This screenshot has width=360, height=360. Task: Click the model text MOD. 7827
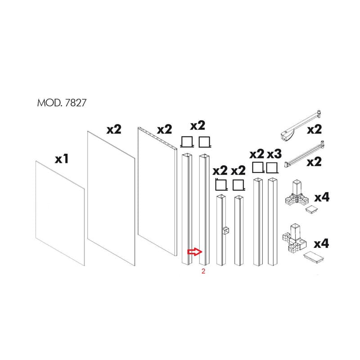pos(62,103)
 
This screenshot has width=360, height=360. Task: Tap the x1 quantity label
pos(62,159)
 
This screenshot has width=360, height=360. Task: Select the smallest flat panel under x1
pos(60,213)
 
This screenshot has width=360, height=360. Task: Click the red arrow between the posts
pos(195,252)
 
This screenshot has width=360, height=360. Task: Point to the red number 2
pos(203,271)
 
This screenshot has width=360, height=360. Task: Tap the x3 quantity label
pos(274,154)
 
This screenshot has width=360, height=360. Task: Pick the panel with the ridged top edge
pos(157,191)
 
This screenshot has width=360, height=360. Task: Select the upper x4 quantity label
pos(322,198)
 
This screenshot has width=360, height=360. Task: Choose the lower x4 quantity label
pos(321,243)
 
